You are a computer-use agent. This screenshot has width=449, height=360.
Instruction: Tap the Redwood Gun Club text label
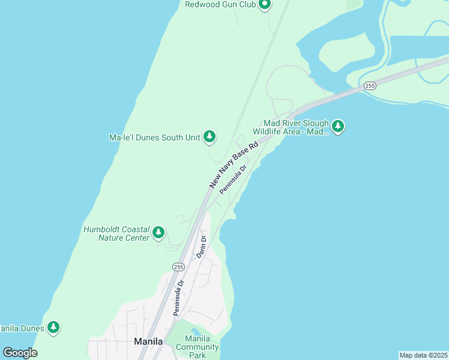(x=220, y=5)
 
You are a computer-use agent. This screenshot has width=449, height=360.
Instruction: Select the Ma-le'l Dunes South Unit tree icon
(x=209, y=137)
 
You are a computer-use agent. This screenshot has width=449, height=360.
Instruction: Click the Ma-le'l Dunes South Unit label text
(x=154, y=137)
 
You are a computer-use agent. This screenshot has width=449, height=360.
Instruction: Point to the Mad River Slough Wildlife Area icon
(x=338, y=126)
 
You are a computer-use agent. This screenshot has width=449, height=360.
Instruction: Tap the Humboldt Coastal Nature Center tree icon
(x=158, y=232)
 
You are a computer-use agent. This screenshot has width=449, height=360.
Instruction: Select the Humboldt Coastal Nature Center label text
(x=116, y=233)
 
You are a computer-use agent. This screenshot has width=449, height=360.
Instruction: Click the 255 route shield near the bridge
(x=370, y=86)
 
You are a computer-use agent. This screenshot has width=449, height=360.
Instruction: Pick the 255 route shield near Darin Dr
(x=178, y=266)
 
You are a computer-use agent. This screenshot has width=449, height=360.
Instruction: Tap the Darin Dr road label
(x=202, y=247)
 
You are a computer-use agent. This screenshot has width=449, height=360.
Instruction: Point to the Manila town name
(x=148, y=341)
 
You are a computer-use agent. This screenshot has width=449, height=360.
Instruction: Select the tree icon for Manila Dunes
(x=54, y=327)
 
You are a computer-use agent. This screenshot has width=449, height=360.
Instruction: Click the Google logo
(x=20, y=353)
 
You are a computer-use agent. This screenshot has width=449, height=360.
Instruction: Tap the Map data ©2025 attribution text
(x=423, y=355)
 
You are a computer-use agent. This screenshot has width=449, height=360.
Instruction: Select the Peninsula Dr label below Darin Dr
(x=178, y=296)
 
